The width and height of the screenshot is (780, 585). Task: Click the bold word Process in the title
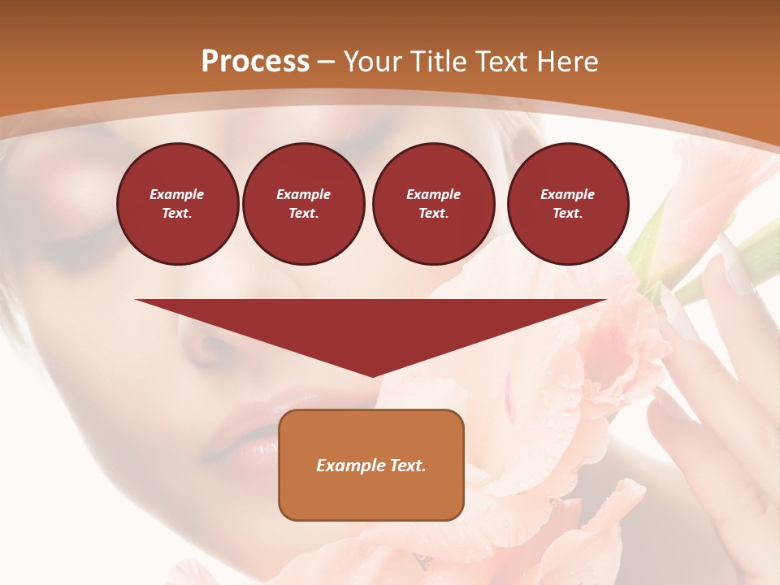[255, 62]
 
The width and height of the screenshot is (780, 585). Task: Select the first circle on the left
[177, 203]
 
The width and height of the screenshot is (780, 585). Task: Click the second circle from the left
[303, 203]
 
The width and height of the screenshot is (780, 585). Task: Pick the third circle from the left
[433, 203]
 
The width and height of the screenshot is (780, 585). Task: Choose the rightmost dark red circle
[567, 203]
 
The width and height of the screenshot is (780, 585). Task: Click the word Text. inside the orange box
[409, 466]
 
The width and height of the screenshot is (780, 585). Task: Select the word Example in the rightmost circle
[567, 194]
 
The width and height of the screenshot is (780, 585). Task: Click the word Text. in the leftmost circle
[177, 213]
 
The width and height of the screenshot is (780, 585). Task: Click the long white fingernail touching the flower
[735, 264]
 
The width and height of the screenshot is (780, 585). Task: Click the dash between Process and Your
[326, 62]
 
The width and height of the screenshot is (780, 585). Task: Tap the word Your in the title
[373, 62]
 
